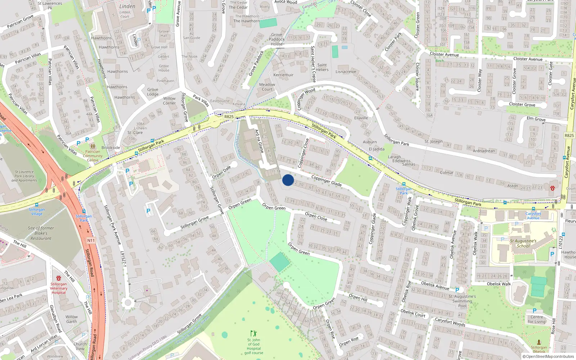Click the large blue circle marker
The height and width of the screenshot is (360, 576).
click(x=288, y=180)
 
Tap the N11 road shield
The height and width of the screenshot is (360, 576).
click(x=91, y=240)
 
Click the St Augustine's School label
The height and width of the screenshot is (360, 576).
click(x=523, y=244)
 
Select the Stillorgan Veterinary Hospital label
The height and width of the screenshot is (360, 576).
click(x=59, y=288)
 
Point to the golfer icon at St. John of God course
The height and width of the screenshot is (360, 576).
click(x=253, y=333)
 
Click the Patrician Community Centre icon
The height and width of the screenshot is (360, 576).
click(x=93, y=147)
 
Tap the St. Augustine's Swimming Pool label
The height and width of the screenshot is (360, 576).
click(x=462, y=301)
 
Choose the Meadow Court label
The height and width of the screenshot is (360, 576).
click(x=267, y=87)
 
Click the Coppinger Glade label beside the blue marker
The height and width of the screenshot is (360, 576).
click(x=326, y=180)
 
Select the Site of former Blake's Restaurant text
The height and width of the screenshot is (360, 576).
click(x=41, y=233)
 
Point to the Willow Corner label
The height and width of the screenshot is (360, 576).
click(x=169, y=101)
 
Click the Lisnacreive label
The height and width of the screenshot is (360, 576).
click(x=346, y=72)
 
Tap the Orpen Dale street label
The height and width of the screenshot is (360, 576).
click(x=221, y=172)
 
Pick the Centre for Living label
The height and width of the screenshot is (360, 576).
click(x=537, y=319)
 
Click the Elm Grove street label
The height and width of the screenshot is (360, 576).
click(x=536, y=119)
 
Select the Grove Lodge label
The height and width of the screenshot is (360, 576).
click(x=153, y=92)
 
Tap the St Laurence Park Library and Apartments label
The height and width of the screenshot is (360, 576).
click(x=24, y=176)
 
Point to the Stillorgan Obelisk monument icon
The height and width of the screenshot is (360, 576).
click(x=539, y=342)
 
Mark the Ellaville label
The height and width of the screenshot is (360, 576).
click(x=361, y=118)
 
